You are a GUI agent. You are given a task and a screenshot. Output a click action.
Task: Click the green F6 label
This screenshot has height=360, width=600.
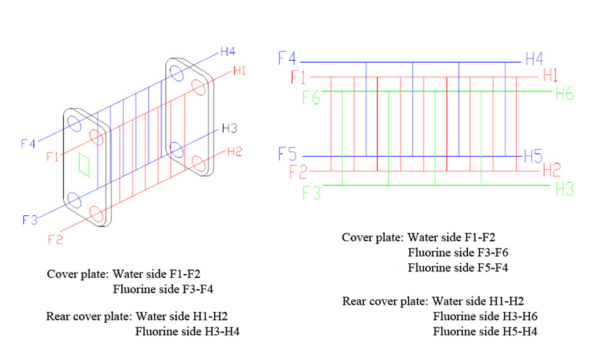[x=311, y=97]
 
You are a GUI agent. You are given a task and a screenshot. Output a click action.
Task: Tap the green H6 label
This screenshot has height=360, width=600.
[x=564, y=95]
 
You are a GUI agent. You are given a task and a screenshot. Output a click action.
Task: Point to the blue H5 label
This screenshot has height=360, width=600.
[x=533, y=157]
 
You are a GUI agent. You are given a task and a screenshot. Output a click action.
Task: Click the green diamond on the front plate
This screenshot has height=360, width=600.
[x=84, y=163]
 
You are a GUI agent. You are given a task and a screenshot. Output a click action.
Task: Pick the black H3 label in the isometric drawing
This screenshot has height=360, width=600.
[x=229, y=128]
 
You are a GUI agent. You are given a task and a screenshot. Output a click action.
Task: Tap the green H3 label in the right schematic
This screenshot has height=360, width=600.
[x=564, y=189]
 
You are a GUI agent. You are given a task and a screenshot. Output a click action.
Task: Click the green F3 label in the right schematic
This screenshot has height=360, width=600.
[x=311, y=193]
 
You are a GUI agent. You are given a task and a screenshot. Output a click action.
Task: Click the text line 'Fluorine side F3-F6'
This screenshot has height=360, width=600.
[x=458, y=253]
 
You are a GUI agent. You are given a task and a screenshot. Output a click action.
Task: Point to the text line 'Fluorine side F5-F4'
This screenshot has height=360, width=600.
[x=458, y=268]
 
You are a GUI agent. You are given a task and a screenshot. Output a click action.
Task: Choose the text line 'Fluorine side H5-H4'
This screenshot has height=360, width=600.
[x=485, y=331]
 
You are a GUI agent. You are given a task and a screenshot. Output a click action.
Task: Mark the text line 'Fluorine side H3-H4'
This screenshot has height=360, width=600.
[x=187, y=331]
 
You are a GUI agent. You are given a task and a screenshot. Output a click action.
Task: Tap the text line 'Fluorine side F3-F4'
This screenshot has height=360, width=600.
[x=163, y=289]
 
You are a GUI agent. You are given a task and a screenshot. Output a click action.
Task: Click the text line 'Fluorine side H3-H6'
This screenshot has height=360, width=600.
[x=485, y=316]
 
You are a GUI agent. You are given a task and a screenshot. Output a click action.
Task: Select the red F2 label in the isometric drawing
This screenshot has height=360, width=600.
[x=55, y=239]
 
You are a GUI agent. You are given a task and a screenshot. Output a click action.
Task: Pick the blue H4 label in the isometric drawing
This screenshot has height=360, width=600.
[x=227, y=51]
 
